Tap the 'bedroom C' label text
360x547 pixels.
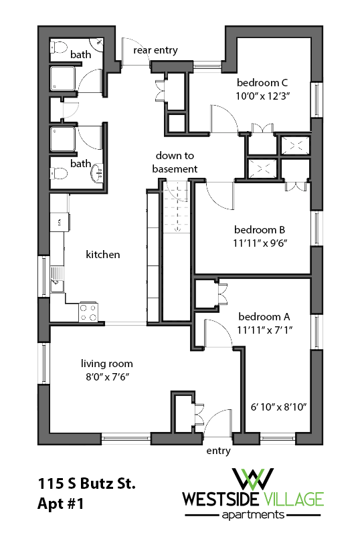click(262, 82)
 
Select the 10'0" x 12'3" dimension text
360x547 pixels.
click(262, 96)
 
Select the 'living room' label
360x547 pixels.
click(107, 364)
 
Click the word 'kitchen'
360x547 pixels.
click(103, 254)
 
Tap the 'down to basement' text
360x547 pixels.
click(175, 162)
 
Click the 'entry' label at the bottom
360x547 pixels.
click(218, 451)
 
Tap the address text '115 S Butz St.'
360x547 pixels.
click(87, 485)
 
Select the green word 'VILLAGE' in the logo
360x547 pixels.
click(292, 499)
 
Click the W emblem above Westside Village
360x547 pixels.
click(253, 478)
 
